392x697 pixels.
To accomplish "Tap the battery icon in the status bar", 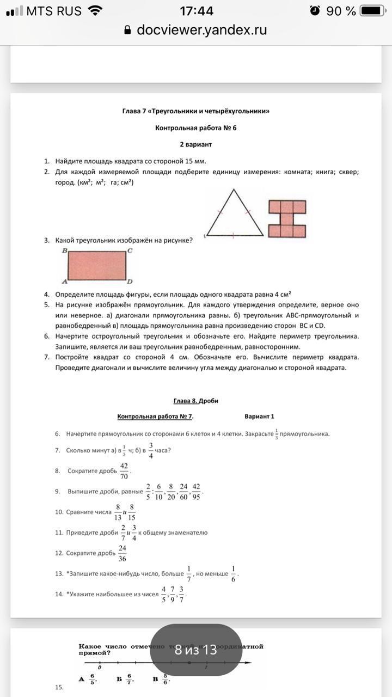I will pos(373,11).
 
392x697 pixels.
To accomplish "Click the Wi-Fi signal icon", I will pos(95,11).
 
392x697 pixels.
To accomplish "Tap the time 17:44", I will pos(196,11).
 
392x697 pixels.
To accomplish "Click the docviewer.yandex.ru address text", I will pos(201,30).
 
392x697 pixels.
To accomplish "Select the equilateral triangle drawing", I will pos(234,213).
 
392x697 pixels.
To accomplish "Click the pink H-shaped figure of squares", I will pos(287,218).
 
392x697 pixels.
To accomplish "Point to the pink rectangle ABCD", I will pos(97,265).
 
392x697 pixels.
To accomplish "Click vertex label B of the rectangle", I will pos(65,251).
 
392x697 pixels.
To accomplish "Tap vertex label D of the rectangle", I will pos(130,282).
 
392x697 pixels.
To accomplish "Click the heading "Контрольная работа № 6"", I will pos(196,129).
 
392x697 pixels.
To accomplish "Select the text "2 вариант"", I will pos(196,145).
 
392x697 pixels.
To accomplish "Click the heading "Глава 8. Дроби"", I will pos(196,401).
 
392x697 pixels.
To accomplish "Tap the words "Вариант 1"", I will pos(260,417).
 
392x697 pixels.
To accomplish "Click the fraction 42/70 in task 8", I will pos(124,470).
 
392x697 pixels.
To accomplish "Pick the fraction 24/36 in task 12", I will pos(122,553).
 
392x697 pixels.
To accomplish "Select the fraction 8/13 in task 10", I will pos(118,512).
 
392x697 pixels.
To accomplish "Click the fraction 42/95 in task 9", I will pos(196,491).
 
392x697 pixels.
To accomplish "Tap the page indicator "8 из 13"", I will pos(196,650).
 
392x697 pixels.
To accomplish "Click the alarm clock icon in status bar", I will pos(315,11).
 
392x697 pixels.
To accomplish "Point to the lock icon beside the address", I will pos(128,30).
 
